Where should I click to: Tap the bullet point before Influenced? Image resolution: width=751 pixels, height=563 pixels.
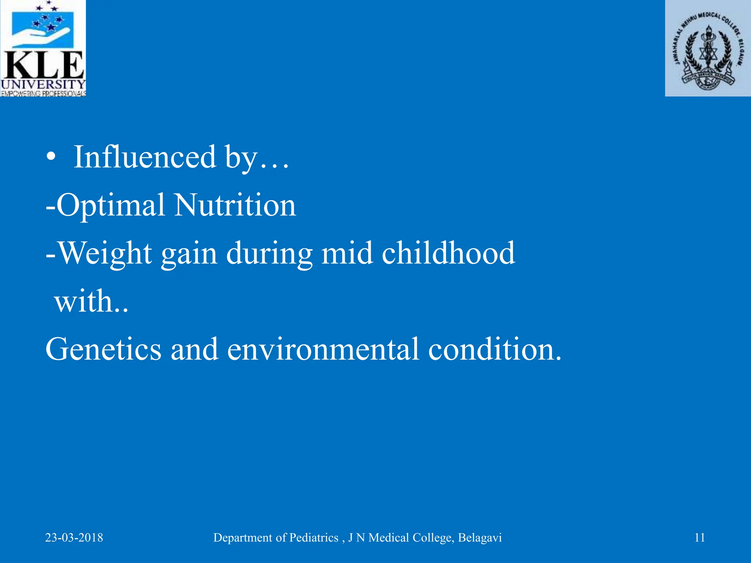tap(51, 158)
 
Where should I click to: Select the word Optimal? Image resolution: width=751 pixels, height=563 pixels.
tap(110, 205)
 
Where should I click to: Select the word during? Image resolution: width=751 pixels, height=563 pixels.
tap(269, 254)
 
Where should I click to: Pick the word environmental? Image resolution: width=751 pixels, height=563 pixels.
tap(323, 349)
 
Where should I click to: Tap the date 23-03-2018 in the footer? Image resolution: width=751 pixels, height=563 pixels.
tap(74, 538)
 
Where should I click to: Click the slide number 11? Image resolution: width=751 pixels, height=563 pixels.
tap(700, 538)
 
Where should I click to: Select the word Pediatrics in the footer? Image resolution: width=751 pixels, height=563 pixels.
tap(314, 538)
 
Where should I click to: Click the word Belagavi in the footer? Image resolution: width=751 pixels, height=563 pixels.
tap(480, 538)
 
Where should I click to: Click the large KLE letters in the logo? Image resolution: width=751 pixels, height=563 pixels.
tap(43, 65)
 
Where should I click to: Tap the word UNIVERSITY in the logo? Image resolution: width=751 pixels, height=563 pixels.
tap(43, 85)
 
